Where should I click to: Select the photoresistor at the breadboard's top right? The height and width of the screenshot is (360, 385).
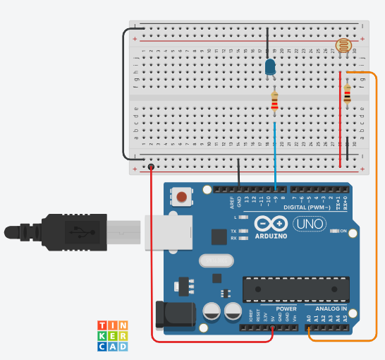(x=343, y=47)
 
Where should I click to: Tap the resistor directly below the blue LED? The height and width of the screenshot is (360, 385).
(x=274, y=103)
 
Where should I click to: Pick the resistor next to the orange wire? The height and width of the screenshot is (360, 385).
(x=347, y=93)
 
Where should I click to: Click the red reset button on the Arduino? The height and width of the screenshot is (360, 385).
(x=183, y=197)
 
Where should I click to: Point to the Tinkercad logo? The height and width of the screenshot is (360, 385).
(x=112, y=336)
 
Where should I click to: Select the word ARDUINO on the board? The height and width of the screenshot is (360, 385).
(x=271, y=236)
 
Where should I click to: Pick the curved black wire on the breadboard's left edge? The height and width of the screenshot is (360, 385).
(x=123, y=92)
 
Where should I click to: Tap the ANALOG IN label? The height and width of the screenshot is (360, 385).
(x=330, y=308)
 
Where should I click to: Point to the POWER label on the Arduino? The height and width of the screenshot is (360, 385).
(x=286, y=308)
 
